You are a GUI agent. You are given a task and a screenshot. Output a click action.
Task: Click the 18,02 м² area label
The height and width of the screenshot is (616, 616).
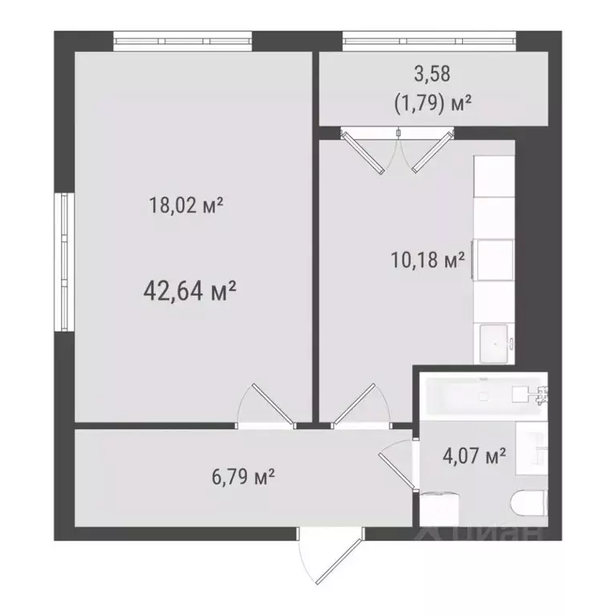click(185, 206)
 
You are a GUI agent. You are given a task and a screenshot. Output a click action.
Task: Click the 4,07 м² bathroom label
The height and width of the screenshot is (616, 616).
click(474, 456)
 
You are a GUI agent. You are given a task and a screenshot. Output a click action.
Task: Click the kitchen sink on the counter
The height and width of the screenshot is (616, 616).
click(494, 343)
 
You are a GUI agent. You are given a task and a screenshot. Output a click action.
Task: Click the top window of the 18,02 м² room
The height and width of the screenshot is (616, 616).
click(182, 41)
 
